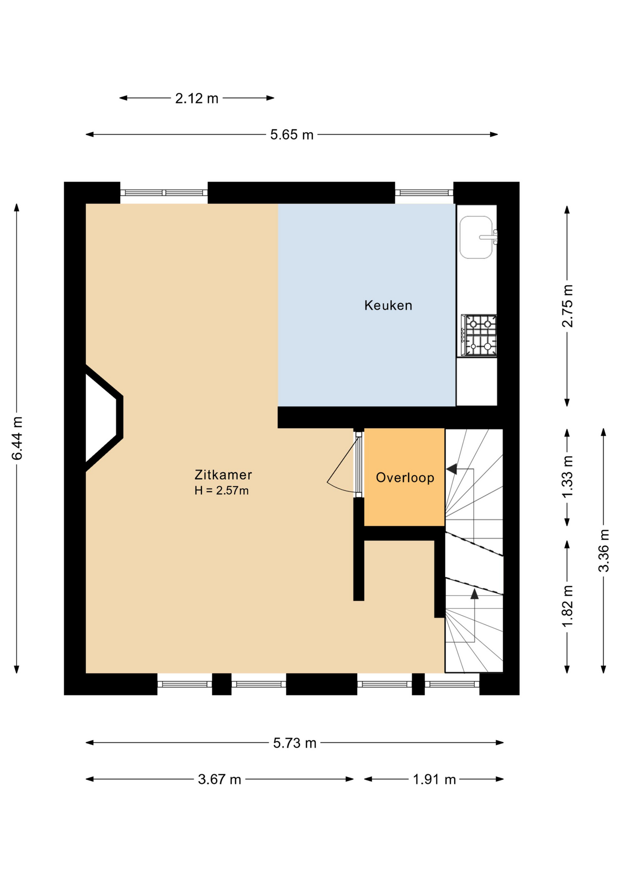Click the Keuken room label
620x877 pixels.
388,306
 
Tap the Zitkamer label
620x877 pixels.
223,475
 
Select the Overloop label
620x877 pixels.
405,478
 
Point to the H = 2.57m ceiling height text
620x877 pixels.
221,491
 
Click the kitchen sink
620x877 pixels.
478,238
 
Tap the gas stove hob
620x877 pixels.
479,335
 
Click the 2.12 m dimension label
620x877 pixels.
197,98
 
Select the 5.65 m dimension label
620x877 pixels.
292,135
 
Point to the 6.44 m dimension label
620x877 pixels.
17,438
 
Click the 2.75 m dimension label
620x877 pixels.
567,306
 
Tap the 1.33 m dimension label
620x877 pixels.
567,477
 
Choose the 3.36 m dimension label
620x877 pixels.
604,550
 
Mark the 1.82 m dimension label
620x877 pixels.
567,607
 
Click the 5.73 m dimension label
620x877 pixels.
295,743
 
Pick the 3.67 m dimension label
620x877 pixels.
220,779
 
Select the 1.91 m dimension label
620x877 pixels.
435,779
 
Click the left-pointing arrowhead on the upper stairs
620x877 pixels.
451,469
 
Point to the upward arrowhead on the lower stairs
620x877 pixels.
474,594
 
